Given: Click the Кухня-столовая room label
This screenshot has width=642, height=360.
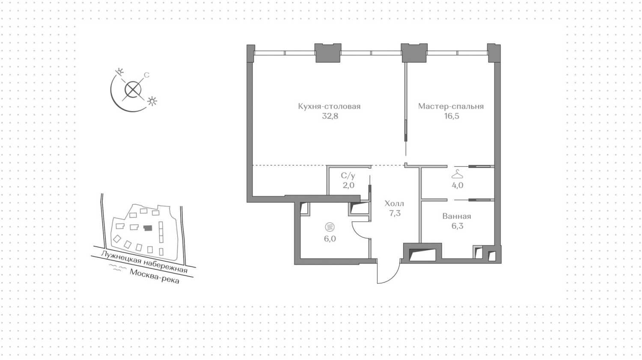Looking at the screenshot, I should tap(329, 106).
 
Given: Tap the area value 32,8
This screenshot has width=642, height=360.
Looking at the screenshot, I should tap(330, 116).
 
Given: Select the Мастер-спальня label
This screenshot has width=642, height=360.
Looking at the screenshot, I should tap(451, 106).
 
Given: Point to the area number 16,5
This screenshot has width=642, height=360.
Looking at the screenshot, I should tap(452, 116).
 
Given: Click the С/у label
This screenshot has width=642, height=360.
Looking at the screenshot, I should tap(348, 176).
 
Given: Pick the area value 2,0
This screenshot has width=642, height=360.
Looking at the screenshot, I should tap(348, 186).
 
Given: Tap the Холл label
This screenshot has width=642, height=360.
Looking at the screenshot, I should tap(394, 204).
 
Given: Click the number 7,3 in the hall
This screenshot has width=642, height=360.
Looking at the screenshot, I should tap(395, 213).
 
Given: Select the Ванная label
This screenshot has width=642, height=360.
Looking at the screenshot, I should tap(457, 216).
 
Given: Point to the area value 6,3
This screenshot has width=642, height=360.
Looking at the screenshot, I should tap(457, 226).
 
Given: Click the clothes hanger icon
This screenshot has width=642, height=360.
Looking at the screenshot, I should tap(457, 174).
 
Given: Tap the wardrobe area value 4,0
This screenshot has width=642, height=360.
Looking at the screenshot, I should tap(457, 186).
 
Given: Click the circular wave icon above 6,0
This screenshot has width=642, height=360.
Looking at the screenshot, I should tap(330, 227).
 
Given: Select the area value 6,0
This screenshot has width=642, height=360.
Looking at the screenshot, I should tap(330, 239).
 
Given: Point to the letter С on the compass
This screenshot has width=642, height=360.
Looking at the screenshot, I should tap(146, 75).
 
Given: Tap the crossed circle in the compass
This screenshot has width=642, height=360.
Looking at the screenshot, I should tap(133, 90).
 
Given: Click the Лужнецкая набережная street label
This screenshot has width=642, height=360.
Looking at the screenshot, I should tap(144, 262).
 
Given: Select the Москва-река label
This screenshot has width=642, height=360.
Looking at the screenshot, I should tap(155, 276).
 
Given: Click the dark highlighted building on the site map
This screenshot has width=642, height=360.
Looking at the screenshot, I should tap(148, 228).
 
